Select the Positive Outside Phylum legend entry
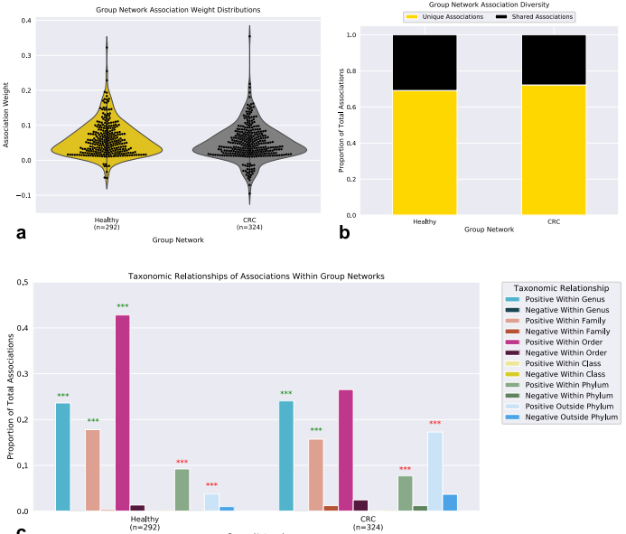[x=570, y=407]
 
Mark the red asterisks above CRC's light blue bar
[x=434, y=424]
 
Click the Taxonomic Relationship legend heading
[x=560, y=287]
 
